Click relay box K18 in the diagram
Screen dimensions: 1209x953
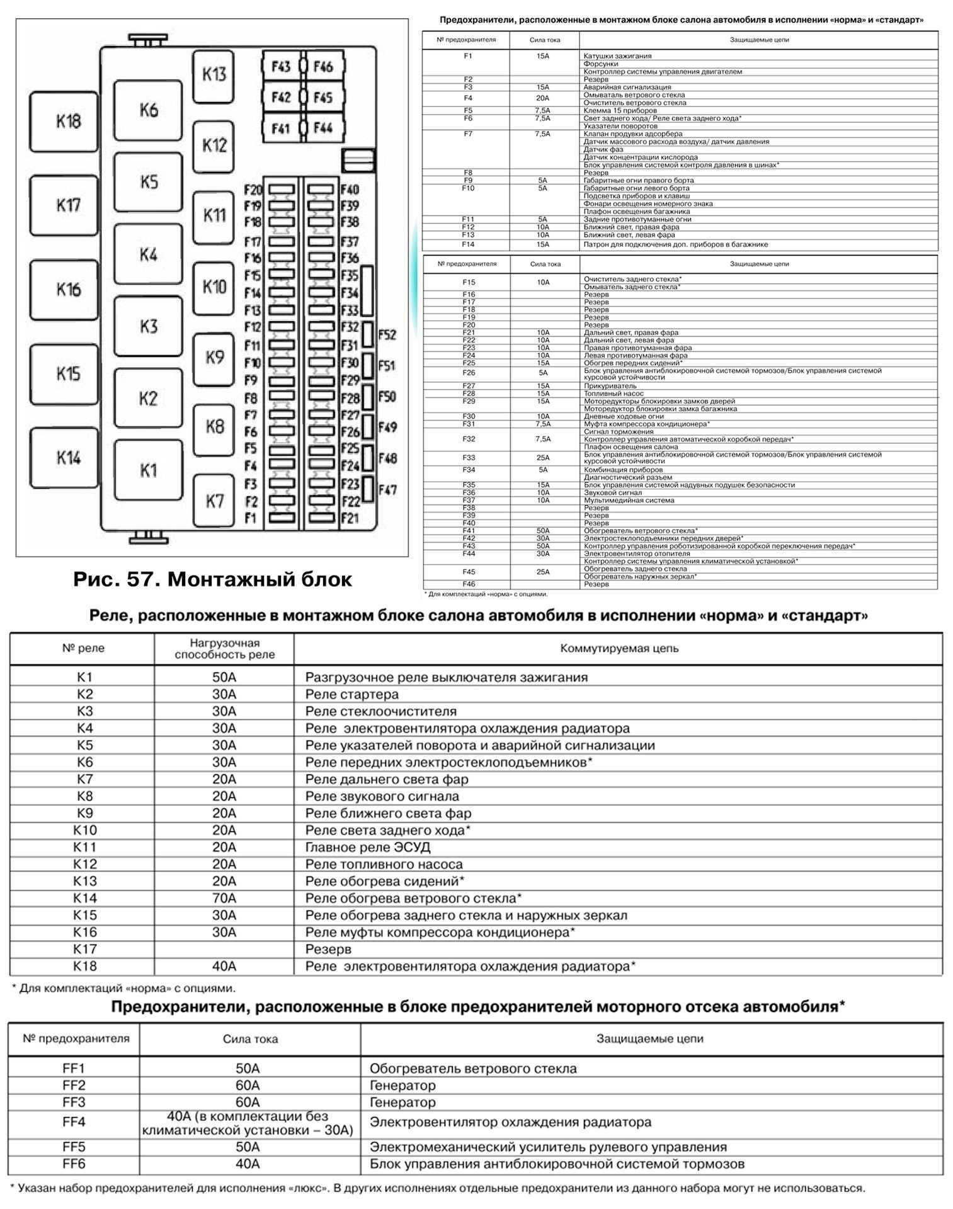(64, 122)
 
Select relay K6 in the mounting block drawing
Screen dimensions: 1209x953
(148, 110)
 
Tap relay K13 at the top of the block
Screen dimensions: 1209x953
(214, 75)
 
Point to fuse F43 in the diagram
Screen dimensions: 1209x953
(281, 67)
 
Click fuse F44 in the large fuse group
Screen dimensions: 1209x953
(323, 128)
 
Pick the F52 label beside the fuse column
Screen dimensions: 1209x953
(387, 335)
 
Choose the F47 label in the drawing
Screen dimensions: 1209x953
(387, 489)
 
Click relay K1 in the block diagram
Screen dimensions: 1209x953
(148, 470)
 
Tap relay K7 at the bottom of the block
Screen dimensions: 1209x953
(214, 501)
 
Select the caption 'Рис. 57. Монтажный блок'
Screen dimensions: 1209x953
(212, 579)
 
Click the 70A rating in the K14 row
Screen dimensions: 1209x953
(224, 898)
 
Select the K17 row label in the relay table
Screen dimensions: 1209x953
(85, 949)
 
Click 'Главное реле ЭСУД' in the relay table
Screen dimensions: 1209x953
(368, 848)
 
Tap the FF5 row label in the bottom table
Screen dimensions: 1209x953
(74, 1147)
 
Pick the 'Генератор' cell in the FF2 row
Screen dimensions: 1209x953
(402, 1085)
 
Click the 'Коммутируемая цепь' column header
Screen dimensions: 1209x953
(619, 649)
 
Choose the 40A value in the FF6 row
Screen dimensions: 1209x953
(248, 1164)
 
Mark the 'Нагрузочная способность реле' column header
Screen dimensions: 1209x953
(224, 649)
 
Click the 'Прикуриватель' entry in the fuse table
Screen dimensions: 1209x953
(602, 386)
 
